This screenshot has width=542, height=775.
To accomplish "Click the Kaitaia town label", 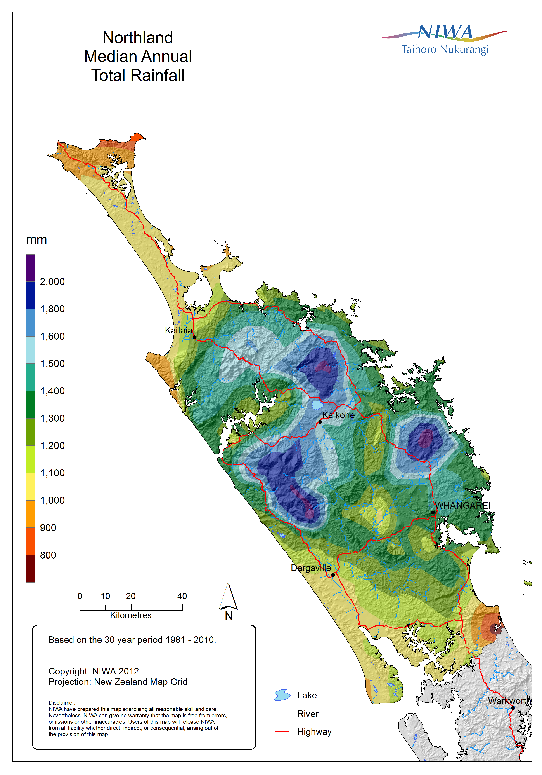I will [178, 330].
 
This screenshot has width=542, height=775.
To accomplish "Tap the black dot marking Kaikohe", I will [320, 422].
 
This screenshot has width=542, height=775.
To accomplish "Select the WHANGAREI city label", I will [462, 505].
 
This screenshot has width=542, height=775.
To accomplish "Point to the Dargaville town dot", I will [333, 574].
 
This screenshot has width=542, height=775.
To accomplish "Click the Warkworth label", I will [509, 701].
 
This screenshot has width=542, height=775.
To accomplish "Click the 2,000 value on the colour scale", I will [52, 281].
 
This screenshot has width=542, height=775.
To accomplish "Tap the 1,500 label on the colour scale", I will [52, 363].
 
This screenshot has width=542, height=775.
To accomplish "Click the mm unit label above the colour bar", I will [36, 240].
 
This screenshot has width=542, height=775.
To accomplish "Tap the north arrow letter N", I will [229, 616].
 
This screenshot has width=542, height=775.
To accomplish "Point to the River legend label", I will [308, 714].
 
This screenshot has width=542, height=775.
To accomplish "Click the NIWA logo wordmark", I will [445, 33].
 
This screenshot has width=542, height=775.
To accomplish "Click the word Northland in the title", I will [138, 37].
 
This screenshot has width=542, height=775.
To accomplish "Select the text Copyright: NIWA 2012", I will [94, 671].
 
